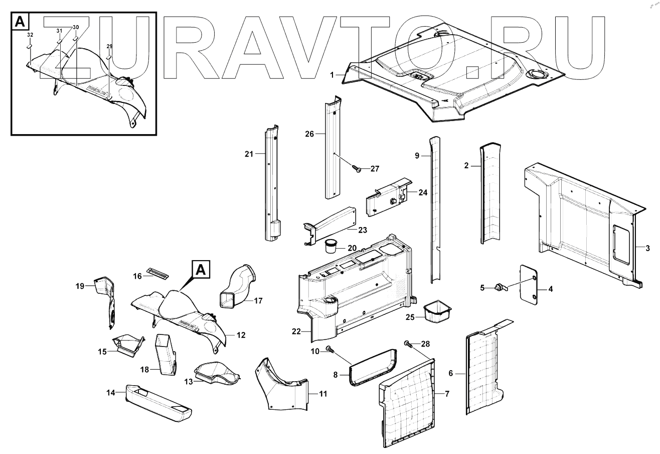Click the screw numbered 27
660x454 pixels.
(357, 169)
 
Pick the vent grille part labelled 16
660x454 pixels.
(156, 273)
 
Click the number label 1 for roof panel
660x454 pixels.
(332, 74)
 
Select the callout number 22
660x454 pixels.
(296, 332)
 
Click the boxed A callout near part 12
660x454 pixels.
(200, 269)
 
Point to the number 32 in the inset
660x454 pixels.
(30, 35)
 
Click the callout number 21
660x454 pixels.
(248, 154)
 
